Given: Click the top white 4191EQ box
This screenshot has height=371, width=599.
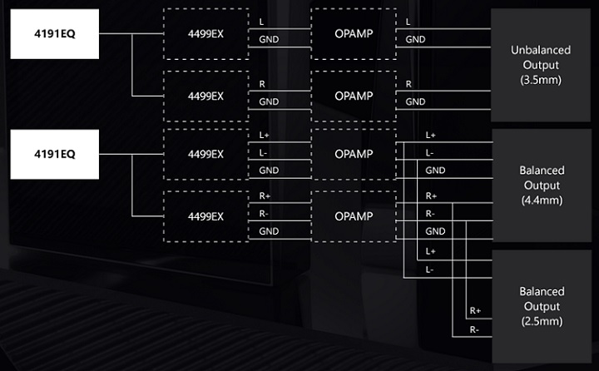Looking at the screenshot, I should click(55, 34).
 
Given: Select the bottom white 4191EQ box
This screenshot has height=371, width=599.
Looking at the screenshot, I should click(55, 154).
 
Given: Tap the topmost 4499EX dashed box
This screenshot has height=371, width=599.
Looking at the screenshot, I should click(205, 34).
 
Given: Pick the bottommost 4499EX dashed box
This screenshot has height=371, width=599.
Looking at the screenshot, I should click(205, 216).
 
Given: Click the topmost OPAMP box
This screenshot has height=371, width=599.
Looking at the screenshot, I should click(351, 34).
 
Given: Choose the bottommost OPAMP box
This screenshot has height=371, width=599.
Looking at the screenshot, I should click(351, 216).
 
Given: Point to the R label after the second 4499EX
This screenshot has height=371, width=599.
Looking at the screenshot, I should click(263, 84).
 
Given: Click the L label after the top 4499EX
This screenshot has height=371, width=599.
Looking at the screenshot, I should click(263, 22).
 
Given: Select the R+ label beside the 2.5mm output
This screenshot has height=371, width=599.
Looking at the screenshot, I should click(475, 311).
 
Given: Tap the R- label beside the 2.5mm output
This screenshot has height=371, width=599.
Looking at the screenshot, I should click(474, 329).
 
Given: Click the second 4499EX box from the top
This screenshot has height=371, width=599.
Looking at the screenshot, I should click(205, 96).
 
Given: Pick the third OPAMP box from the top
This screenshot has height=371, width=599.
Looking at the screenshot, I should click(351, 154).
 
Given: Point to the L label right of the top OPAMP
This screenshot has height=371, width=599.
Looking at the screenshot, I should click(408, 22).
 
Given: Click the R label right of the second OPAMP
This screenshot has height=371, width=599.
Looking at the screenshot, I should click(408, 84).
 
